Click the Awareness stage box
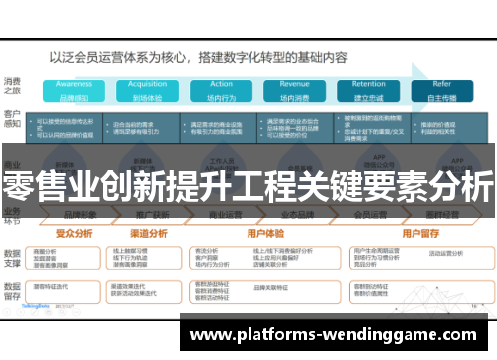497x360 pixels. (74, 90)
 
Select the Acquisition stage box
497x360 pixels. (147, 90)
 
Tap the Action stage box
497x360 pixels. (221, 90)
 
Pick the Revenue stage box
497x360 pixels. (294, 90)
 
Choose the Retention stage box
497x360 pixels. (368, 90)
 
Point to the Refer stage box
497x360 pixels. (441, 90)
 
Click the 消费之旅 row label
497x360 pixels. (13, 86)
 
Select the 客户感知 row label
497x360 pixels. (13, 121)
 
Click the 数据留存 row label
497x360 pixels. (13, 293)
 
